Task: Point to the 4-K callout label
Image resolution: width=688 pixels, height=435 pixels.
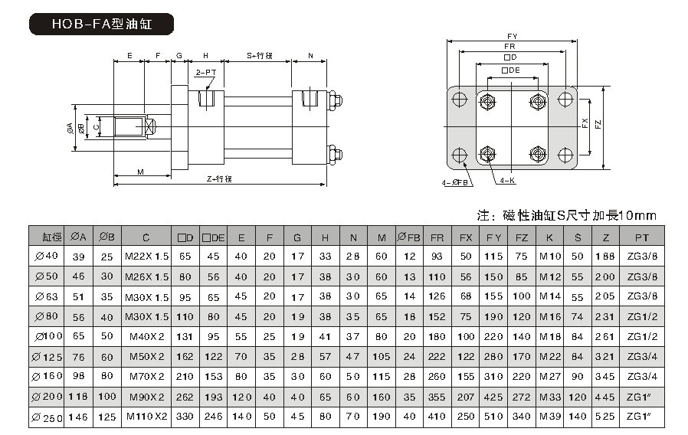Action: click(506, 182)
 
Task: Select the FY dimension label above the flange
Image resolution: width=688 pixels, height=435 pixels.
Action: click(511, 36)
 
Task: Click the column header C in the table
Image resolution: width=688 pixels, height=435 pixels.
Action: click(146, 237)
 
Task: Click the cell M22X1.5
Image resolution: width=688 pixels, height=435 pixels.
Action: click(146, 257)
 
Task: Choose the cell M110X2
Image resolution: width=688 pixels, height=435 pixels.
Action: click(146, 417)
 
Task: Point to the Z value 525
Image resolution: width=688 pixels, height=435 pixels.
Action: click(606, 417)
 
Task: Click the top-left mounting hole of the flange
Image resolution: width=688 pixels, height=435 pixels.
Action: click(459, 99)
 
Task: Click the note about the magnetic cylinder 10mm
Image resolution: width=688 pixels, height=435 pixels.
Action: click(567, 214)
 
